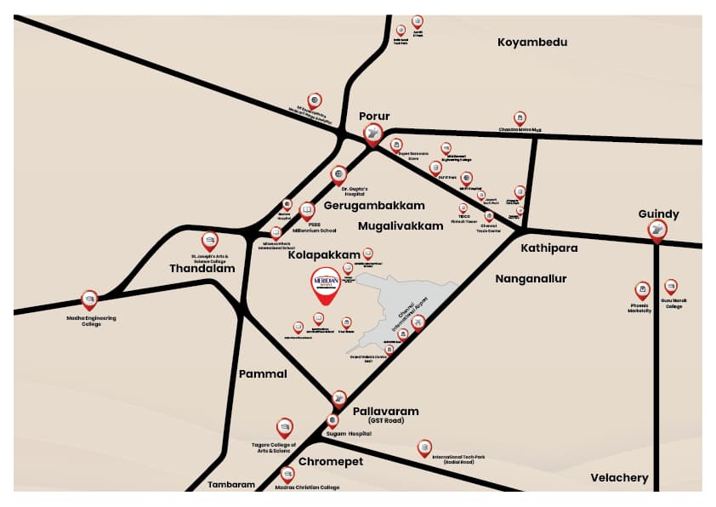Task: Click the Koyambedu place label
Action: [x=531, y=42]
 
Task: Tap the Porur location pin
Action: [x=372, y=134]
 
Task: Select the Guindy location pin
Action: [x=657, y=230]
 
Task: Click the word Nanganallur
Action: [x=530, y=278]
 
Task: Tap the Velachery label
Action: [x=619, y=478]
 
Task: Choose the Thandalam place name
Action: [x=202, y=267]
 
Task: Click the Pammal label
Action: [x=263, y=373]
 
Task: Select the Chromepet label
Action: [x=330, y=461]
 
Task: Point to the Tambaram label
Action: [x=231, y=485]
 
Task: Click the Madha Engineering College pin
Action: [x=89, y=299]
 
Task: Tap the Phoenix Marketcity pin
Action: [x=643, y=291]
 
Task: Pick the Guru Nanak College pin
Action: [x=671, y=288]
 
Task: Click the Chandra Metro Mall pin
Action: [x=520, y=118]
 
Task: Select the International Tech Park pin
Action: [x=423, y=447]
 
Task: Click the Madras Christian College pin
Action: [x=287, y=475]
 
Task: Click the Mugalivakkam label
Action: [x=401, y=226]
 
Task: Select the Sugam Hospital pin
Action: [x=332, y=420]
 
